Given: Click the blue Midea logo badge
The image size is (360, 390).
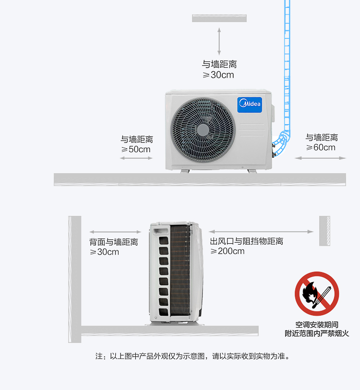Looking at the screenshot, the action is point(250,105).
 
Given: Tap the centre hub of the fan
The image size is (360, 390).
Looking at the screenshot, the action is point(203,130).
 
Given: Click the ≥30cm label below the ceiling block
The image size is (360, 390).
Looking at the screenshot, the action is point(218,75).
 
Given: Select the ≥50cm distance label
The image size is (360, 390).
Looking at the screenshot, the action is point(136,149).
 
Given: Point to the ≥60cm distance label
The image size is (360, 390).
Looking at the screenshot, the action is point(321,147).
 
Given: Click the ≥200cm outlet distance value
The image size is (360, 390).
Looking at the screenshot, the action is point(228,251).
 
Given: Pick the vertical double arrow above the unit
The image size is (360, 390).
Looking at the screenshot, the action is point(219,41).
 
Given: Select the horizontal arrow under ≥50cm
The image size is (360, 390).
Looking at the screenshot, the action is point(136,158).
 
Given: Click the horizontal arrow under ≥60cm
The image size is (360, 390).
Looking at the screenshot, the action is point(321,158).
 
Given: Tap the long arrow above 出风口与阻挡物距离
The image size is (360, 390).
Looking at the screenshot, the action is point(261,232).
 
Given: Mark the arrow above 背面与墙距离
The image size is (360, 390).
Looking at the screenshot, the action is point(115,232).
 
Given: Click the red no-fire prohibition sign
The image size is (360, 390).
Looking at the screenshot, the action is point(317,294).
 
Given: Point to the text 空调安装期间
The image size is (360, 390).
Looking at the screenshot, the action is point(317,325).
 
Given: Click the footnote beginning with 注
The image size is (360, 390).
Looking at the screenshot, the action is point(192,356).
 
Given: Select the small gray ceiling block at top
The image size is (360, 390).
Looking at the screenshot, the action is point(219,18).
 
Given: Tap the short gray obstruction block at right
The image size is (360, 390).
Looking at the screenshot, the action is point(324,231).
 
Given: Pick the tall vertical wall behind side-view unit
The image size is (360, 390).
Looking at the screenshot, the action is point(75,279).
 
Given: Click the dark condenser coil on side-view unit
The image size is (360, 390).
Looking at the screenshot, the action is point(180,270).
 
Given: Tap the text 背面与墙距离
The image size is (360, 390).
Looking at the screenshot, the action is point(114,242).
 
